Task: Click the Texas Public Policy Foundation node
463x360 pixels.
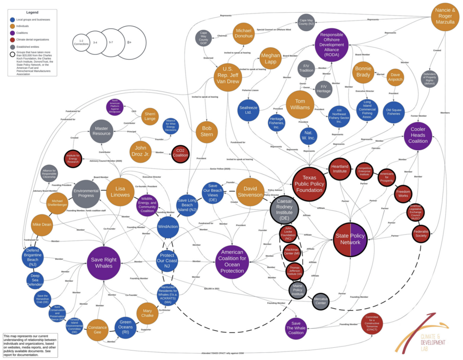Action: (x=310, y=184)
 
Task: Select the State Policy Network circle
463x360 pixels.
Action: (x=351, y=240)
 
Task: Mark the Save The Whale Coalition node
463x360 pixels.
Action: (x=296, y=328)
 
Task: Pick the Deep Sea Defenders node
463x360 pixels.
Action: (x=35, y=280)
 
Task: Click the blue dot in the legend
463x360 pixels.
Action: (x=12, y=20)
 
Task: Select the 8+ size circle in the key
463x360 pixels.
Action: (x=129, y=42)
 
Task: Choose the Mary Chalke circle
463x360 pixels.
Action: (x=147, y=313)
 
